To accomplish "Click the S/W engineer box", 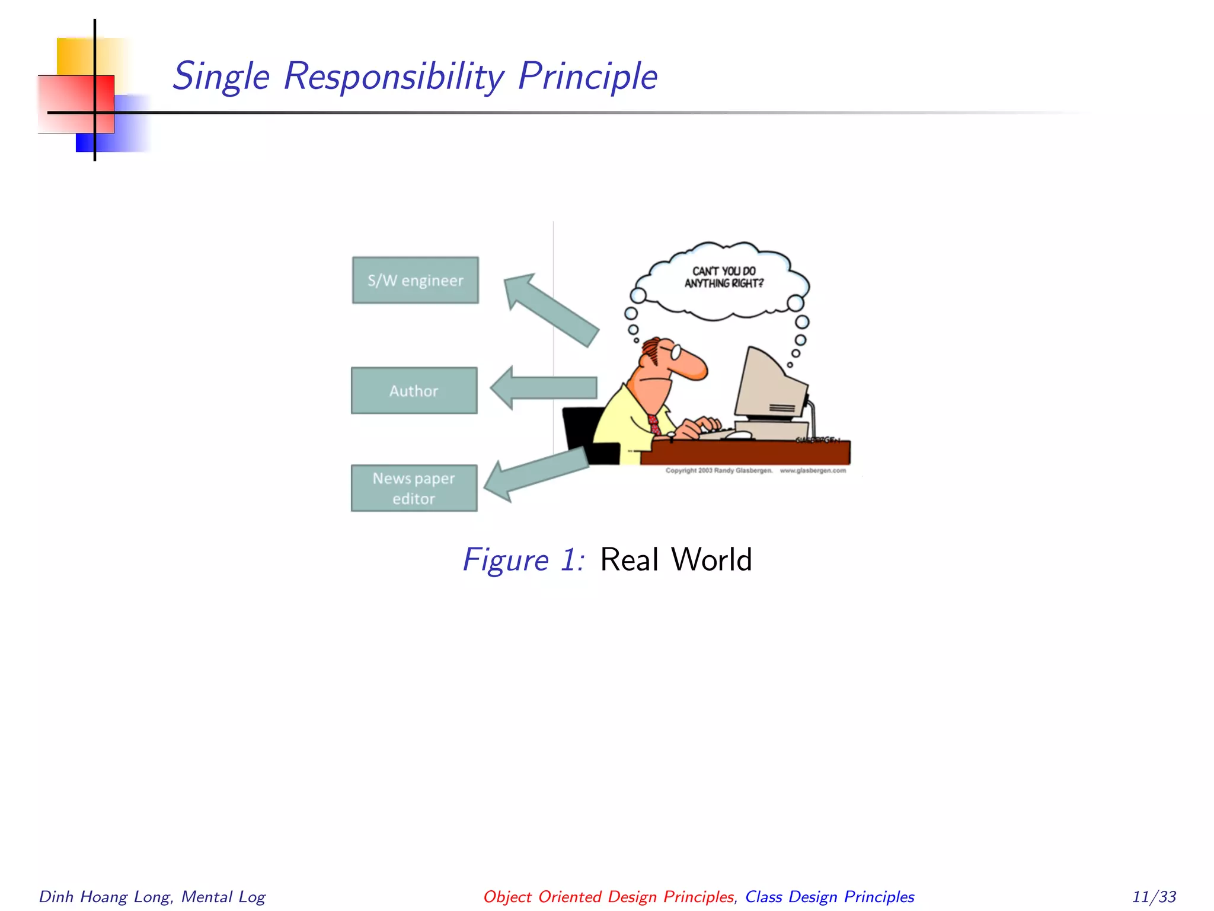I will [415, 280].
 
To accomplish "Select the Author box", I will [414, 390].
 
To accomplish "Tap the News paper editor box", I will [414, 488].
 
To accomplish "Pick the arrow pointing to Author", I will [544, 388].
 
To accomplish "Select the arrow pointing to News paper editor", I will [536, 473].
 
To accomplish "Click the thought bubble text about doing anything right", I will [724, 277].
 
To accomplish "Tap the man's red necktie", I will [654, 423].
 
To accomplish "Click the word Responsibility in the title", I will [394, 77].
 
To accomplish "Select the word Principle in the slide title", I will [587, 77].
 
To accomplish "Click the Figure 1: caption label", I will [524, 559].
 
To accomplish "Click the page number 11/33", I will [1154, 896].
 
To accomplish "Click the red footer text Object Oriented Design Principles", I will [608, 896].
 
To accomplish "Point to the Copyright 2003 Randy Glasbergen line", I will [718, 470].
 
